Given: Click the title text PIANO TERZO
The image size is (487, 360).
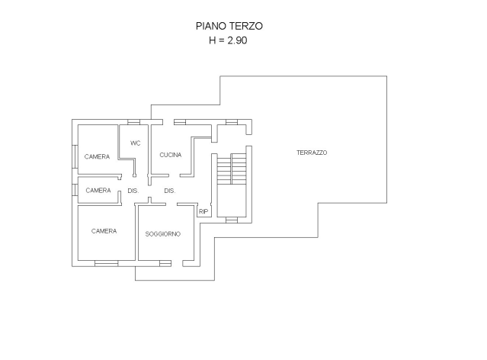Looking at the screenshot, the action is (229, 26).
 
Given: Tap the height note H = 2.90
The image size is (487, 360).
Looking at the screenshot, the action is (229, 40).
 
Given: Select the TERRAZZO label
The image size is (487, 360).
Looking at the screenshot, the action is (312, 153).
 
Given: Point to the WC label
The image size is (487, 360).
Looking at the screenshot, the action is (136, 143).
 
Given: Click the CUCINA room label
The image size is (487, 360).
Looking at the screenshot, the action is (171, 155).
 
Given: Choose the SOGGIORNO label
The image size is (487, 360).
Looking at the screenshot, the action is (163, 234).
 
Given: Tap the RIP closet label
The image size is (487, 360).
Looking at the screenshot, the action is (203, 211).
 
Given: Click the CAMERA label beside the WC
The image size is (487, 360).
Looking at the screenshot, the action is (98, 156).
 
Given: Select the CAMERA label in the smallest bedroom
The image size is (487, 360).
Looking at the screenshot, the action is (98, 190).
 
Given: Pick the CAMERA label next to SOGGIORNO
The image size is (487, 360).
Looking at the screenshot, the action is (104, 231).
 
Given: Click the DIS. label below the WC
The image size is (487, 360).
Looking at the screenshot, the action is (133, 191).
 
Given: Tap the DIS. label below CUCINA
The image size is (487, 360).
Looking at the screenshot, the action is (170, 191).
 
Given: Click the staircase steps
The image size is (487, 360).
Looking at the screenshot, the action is (232, 169).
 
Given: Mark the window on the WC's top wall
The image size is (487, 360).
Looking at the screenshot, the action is (133, 122).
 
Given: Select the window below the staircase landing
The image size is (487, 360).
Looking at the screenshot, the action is (232, 220).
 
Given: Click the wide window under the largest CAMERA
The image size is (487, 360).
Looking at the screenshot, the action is (106, 263).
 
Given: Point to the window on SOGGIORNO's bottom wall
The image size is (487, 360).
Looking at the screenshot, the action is (165, 263).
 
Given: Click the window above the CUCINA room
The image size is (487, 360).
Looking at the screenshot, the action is (180, 122).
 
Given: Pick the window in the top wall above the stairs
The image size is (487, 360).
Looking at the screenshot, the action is (232, 122).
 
